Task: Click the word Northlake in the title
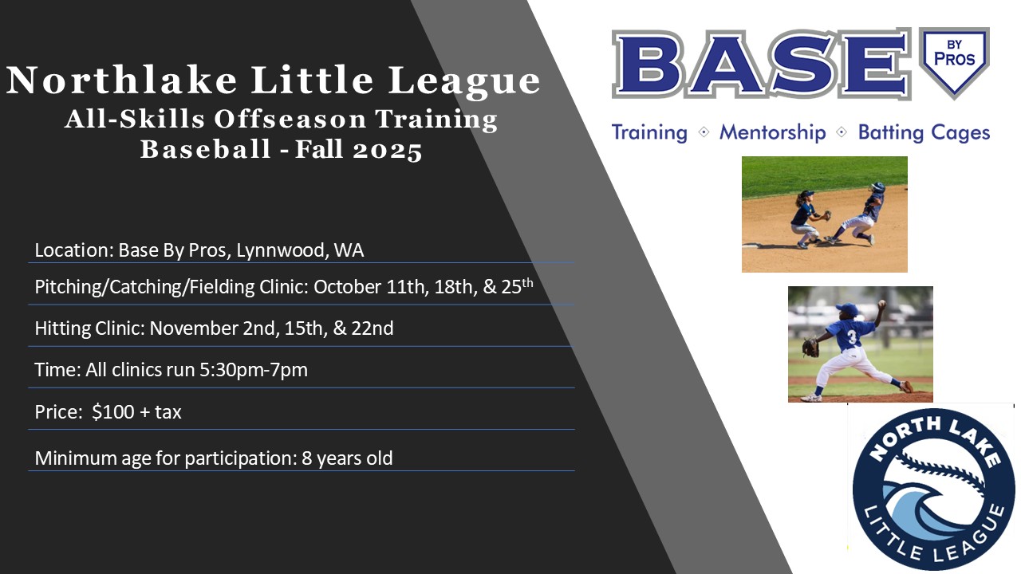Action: [x=122, y=81]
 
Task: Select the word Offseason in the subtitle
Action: [x=290, y=120]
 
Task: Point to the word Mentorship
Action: [x=773, y=132]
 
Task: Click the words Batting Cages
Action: [x=924, y=132]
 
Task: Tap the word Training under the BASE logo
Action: [x=649, y=133]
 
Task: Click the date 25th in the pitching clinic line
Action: [x=518, y=286]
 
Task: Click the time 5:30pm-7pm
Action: [x=254, y=370]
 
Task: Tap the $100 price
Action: [x=113, y=412]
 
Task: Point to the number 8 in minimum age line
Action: [x=306, y=458]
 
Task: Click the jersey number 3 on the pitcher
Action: [x=851, y=336]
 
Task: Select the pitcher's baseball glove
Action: [x=810, y=347]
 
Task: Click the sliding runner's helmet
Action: [x=877, y=187]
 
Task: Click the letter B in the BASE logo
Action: [x=648, y=64]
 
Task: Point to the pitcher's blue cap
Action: [x=847, y=309]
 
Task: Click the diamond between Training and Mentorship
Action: [x=704, y=132]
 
